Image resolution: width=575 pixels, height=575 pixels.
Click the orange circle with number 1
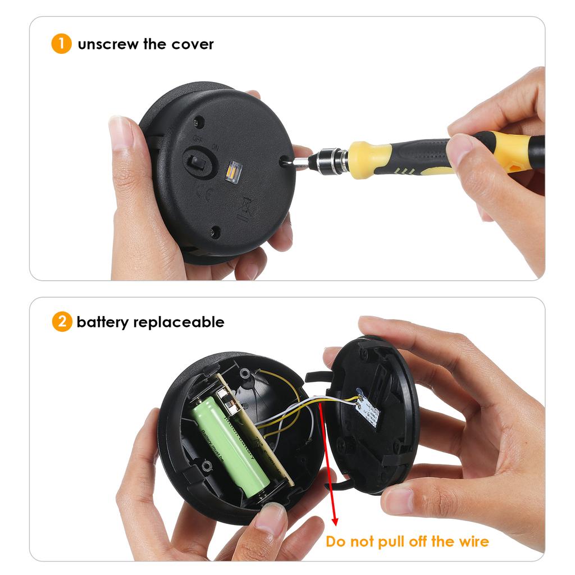pos(61,44)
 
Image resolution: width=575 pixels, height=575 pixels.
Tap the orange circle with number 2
pos(61,322)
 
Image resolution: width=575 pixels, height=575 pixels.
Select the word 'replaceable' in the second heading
pos(185,322)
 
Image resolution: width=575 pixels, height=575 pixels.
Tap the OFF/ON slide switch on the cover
pos(197,161)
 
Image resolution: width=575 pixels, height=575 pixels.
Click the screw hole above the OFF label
pos(199,121)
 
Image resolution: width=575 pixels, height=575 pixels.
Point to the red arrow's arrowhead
pos(335,521)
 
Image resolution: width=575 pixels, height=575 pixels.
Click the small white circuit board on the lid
pos(368,409)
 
